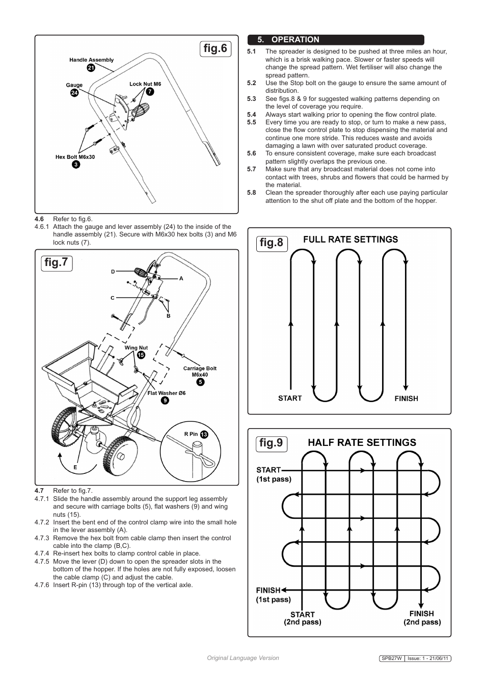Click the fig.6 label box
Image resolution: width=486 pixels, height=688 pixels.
coord(215,49)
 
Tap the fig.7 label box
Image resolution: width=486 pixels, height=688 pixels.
coord(56,263)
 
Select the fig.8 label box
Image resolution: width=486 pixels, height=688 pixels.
coord(272,243)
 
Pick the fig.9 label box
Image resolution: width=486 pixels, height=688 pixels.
coord(272,443)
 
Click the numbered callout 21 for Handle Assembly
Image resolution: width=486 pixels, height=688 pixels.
coord(91,67)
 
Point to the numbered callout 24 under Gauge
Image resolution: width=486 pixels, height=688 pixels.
coord(74,93)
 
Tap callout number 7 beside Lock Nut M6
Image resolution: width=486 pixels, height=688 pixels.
coord(150,92)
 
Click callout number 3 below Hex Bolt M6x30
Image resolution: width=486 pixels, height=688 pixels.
coord(75,164)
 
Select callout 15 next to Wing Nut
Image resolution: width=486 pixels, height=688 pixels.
coord(141,355)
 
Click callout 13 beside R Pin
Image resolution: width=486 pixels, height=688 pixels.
coord(204,434)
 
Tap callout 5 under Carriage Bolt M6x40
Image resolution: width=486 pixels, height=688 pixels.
coord(200,382)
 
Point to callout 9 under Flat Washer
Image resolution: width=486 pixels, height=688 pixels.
coord(165,400)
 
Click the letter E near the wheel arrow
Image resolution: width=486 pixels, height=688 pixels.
coord(75,467)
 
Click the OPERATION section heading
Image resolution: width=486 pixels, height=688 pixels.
coord(295,40)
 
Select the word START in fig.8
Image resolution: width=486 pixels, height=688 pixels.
coord(290,398)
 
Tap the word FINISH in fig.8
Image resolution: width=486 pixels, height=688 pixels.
coord(406,399)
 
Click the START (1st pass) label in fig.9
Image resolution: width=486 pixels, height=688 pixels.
coord(274,474)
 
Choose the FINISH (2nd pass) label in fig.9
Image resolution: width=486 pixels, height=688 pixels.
coord(422,618)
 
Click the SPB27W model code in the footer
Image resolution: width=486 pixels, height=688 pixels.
coord(392,658)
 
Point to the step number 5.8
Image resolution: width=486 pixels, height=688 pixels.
coord(252,193)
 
